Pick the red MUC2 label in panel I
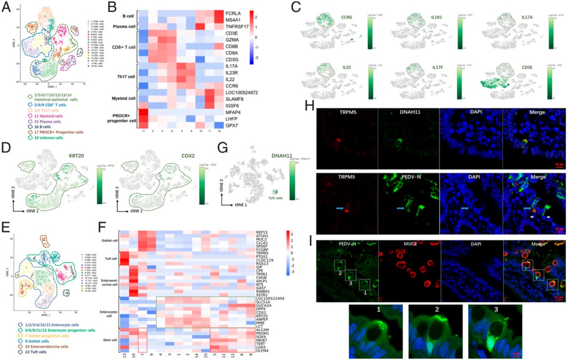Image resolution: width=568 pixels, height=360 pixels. pos(394,245)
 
